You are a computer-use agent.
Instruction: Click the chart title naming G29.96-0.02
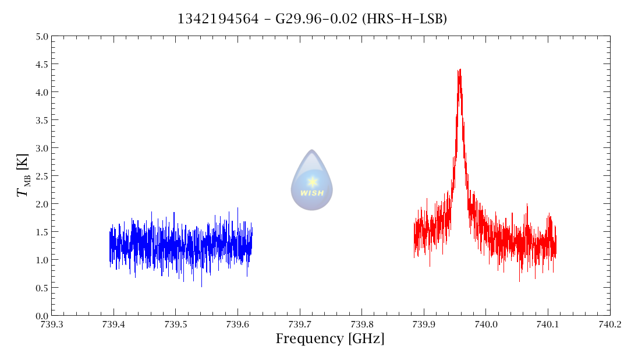click(x=312, y=19)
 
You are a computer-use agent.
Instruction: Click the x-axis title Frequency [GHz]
click(x=330, y=338)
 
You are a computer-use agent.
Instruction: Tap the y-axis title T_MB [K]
click(x=24, y=175)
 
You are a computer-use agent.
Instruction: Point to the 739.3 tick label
click(x=51, y=324)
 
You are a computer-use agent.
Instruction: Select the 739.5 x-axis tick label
click(x=175, y=324)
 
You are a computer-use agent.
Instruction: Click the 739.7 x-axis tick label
click(x=300, y=324)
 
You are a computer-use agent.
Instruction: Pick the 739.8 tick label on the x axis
click(x=361, y=324)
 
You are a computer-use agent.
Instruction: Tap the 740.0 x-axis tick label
click(x=485, y=324)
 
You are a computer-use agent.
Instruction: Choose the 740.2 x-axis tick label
click(x=609, y=324)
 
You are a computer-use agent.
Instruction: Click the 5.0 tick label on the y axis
click(x=41, y=36)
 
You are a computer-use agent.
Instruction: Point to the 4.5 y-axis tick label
click(x=41, y=64)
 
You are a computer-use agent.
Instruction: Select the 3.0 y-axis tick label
click(x=41, y=148)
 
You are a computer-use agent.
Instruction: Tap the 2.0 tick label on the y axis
click(x=41, y=204)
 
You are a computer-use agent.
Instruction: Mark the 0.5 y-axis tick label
click(x=41, y=288)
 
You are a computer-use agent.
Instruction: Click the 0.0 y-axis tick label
click(x=41, y=316)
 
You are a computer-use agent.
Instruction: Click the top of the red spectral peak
click(x=459, y=70)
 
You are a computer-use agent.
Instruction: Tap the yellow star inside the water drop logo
click(x=312, y=182)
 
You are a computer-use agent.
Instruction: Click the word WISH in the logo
click(x=312, y=193)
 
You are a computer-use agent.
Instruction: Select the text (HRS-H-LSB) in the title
click(x=405, y=19)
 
